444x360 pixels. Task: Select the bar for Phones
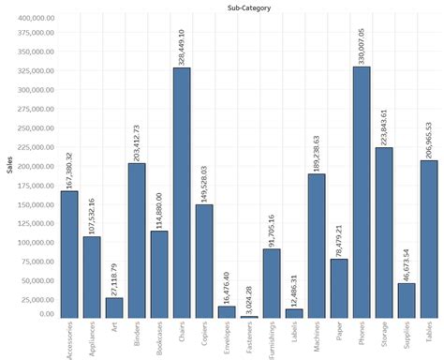(x=362, y=192)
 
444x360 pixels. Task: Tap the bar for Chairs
(x=181, y=192)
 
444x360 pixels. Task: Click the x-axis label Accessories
(x=69, y=338)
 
